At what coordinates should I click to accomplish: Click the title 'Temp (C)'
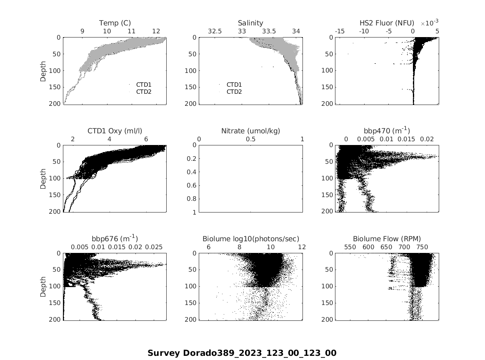[115, 23]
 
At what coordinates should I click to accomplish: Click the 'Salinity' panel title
[250, 23]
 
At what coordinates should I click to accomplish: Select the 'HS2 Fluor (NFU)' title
[387, 23]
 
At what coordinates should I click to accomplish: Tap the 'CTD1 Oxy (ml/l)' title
[115, 131]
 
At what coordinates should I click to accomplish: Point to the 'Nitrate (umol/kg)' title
[250, 131]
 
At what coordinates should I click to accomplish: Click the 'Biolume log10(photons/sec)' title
[250, 239]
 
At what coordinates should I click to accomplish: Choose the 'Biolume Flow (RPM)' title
[387, 239]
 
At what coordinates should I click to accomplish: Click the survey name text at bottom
[242, 353]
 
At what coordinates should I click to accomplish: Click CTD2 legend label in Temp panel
[144, 92]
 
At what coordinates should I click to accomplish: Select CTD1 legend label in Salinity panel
[234, 85]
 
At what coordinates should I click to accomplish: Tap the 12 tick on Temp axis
[156, 31]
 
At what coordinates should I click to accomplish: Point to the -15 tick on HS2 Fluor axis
[340, 31]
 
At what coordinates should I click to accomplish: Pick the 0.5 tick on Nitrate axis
[250, 139]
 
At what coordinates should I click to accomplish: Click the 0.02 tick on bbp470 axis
[427, 139]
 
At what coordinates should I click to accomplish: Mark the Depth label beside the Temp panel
[43, 70]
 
